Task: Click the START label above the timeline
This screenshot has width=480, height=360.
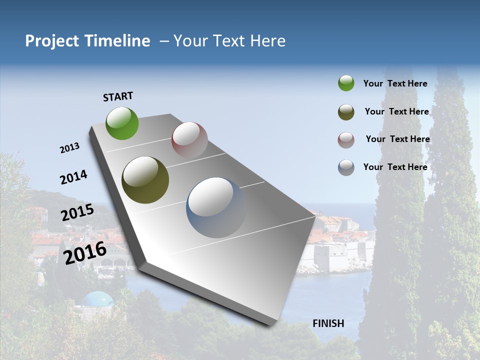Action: pos(118,96)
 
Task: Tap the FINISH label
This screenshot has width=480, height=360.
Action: pos(328,323)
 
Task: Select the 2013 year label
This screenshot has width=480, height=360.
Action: pos(69,148)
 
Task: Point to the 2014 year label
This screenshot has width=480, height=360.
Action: pos(73,177)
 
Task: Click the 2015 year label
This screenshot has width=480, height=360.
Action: pos(77,212)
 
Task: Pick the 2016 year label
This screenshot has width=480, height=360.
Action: pos(85,253)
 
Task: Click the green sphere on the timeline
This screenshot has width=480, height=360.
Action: pos(122,123)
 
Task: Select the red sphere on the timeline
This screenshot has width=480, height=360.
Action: pos(189,140)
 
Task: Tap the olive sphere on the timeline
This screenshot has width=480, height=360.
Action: pos(145,180)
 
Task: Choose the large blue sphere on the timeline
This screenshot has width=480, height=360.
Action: pos(216,207)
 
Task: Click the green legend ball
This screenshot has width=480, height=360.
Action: pos(346,83)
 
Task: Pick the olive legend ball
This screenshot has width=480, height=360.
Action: pos(346,112)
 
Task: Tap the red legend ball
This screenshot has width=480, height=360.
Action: pos(346,140)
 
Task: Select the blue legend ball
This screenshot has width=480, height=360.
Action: pos(346,167)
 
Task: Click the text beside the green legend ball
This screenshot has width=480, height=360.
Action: pos(395,83)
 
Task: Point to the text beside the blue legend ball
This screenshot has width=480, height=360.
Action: pos(395,167)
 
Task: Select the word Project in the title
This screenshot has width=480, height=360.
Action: pos(52,41)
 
